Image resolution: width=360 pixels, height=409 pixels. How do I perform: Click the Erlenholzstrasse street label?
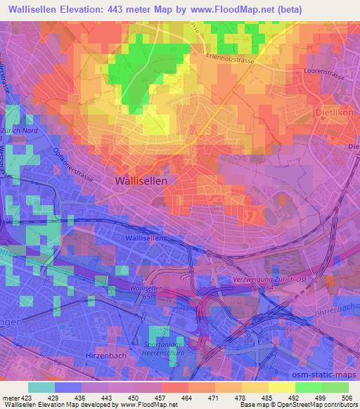[231, 59]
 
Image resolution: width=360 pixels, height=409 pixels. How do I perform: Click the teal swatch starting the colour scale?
[41, 387]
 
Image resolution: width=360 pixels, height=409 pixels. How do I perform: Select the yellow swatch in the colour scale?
[282, 387]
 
